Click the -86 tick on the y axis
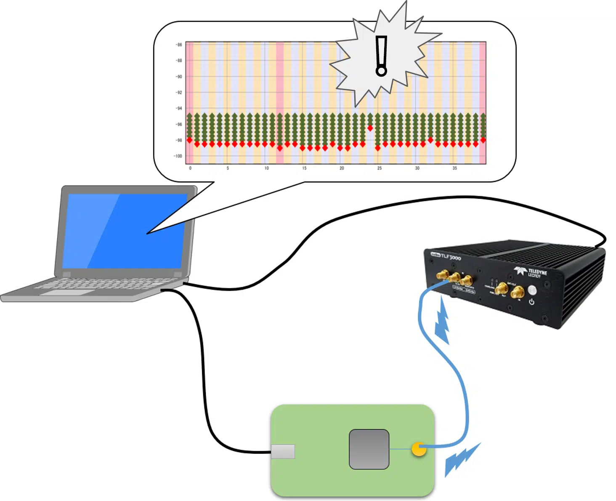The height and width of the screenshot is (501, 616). click(179, 45)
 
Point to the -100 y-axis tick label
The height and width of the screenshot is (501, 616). click(178, 156)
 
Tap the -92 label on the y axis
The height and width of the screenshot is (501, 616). click(179, 93)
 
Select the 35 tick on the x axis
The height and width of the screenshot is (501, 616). click(454, 168)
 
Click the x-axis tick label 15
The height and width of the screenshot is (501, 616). click(304, 168)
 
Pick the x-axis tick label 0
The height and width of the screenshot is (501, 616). click(190, 168)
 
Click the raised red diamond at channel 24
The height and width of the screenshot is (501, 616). click(370, 128)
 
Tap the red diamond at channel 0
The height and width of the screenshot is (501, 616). click(189, 140)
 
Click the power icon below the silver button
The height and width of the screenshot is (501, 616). click(531, 302)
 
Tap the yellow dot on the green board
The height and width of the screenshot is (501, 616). click(419, 449)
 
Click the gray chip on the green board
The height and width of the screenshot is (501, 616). click(369, 449)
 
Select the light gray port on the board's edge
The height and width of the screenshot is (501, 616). click(283, 452)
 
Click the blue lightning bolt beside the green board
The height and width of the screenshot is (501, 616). click(462, 459)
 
